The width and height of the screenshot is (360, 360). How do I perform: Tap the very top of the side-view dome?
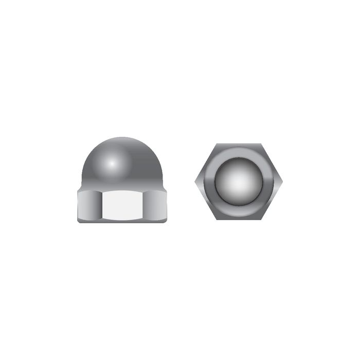[x=122, y=138]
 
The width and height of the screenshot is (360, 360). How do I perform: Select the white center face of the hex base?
[x=122, y=205]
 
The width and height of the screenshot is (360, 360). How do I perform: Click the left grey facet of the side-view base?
[x=88, y=205]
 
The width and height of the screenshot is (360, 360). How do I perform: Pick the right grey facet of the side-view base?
[x=156, y=205]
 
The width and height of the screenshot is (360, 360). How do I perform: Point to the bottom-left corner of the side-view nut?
[x=78, y=221]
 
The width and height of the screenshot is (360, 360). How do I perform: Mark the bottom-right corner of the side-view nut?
[x=166, y=221]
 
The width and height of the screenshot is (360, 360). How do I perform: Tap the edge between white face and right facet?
[x=145, y=205]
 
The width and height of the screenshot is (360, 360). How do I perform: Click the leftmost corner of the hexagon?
[x=195, y=182]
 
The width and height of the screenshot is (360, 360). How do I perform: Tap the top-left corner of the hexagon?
[x=217, y=144]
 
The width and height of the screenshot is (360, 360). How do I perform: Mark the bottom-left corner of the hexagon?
[x=217, y=220]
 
